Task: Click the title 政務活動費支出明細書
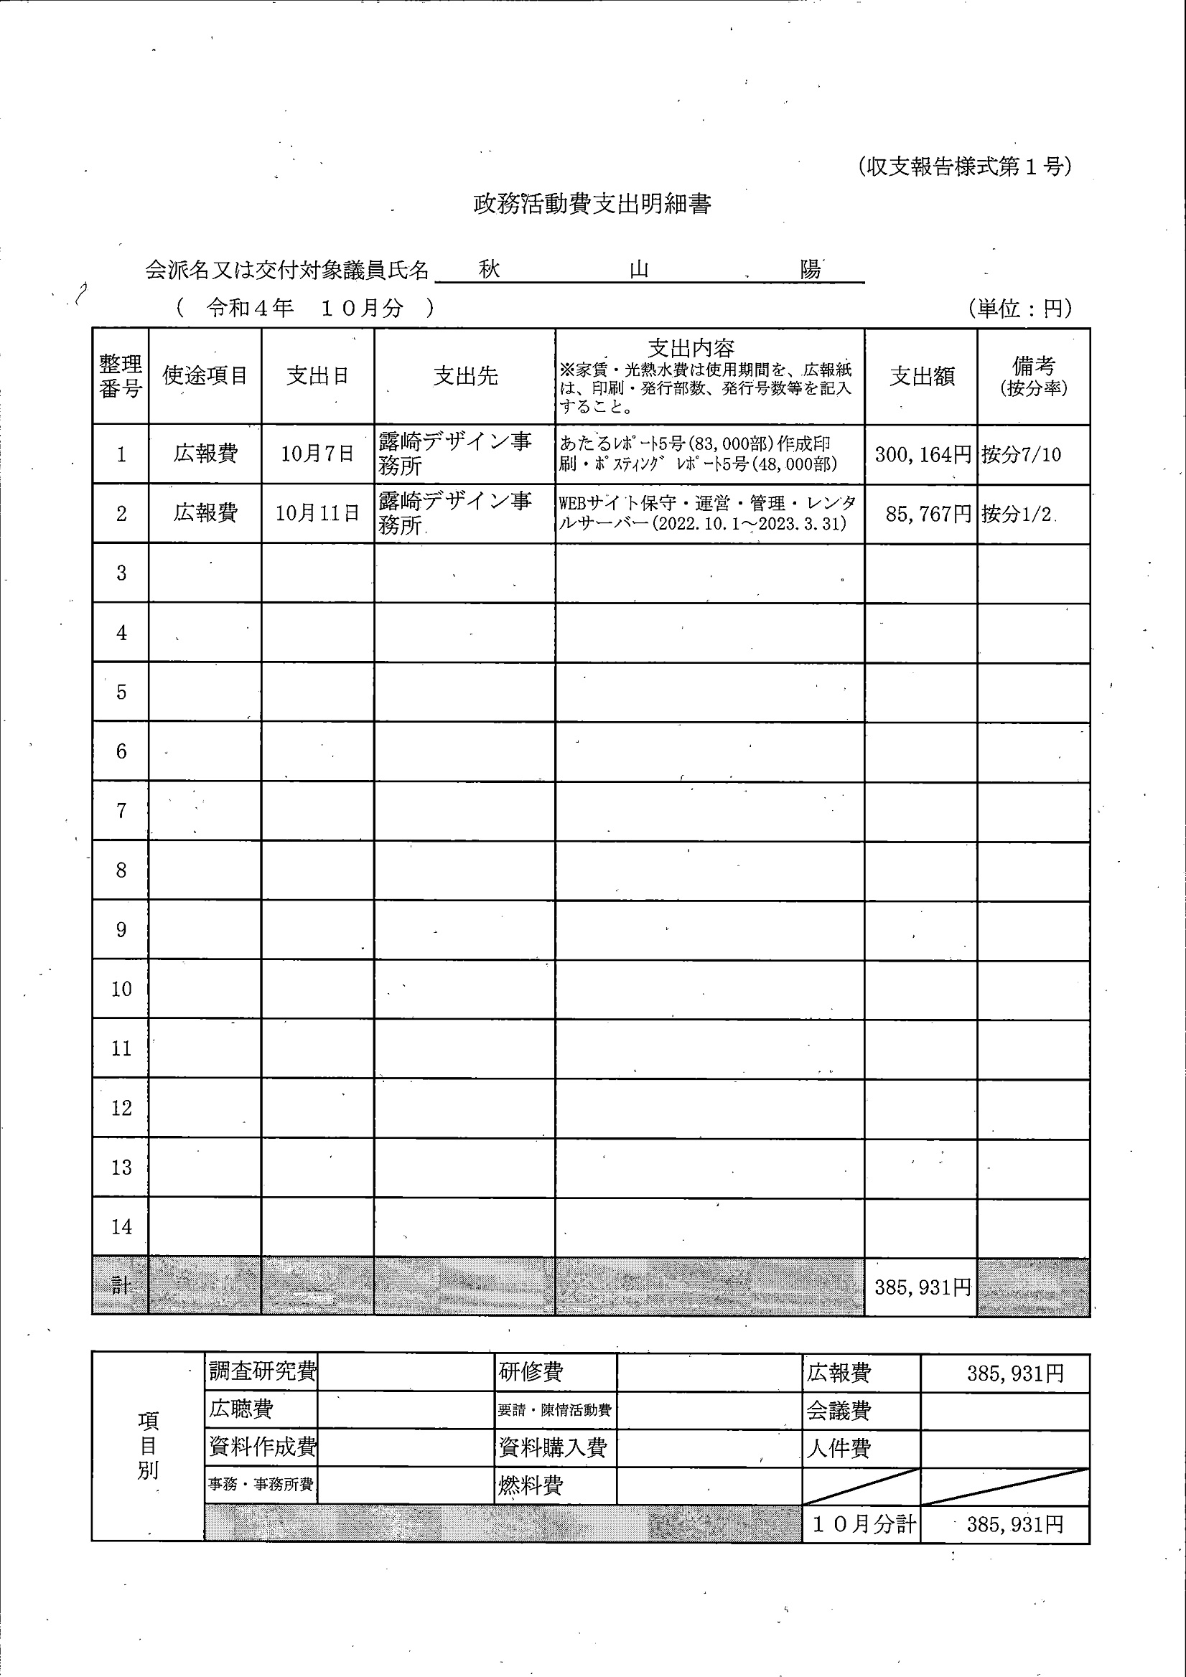pyautogui.click(x=592, y=205)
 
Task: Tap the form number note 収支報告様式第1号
pyautogui.click(x=965, y=167)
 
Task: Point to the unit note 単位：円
pyautogui.click(x=1020, y=309)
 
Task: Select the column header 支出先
pyautogui.click(x=465, y=376)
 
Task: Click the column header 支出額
pyautogui.click(x=922, y=376)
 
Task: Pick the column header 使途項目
pyautogui.click(x=205, y=375)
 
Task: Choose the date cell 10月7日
pyautogui.click(x=317, y=454)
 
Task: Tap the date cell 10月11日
pyautogui.click(x=317, y=514)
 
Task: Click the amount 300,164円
pyautogui.click(x=923, y=455)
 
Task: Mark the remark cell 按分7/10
pyautogui.click(x=1021, y=455)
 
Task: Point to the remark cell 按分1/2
pyautogui.click(x=1017, y=515)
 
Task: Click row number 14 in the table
pyautogui.click(x=121, y=1227)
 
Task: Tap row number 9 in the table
pyautogui.click(x=121, y=930)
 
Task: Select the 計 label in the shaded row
pyautogui.click(x=121, y=1285)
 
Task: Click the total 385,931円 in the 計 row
pyautogui.click(x=923, y=1287)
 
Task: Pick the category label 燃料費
pyautogui.click(x=531, y=1485)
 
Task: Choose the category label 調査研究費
pyautogui.click(x=262, y=1371)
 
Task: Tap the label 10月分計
pyautogui.click(x=864, y=1523)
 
